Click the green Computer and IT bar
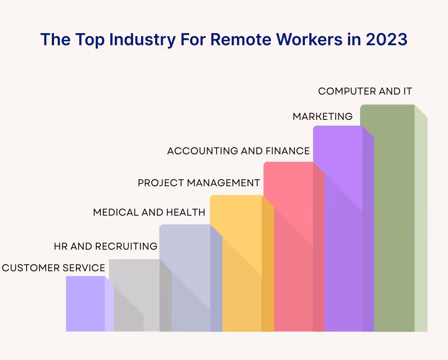[393, 218]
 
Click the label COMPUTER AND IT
[365, 91]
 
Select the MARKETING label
[323, 117]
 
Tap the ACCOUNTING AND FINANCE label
[238, 151]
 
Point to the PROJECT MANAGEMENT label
[199, 183]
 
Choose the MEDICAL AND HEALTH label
[149, 212]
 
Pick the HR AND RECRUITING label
[106, 246]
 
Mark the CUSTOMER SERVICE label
[54, 268]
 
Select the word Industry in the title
[142, 40]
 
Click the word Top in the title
[90, 40]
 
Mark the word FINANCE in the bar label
[288, 151]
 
